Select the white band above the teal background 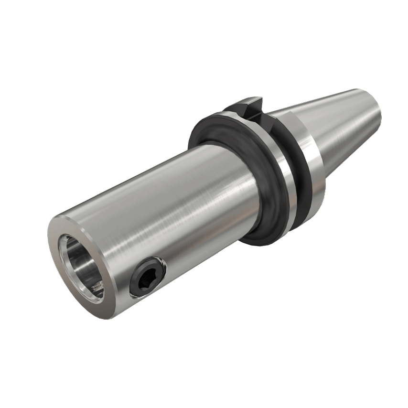click(x=204, y=38)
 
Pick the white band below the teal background click(x=204, y=368)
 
